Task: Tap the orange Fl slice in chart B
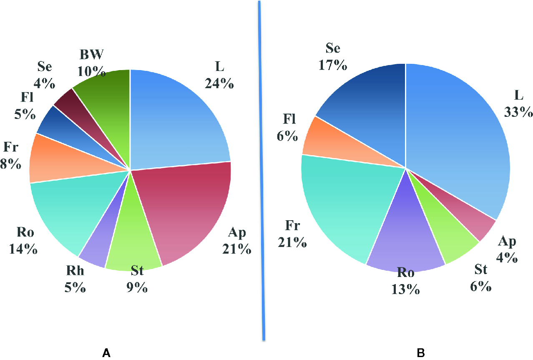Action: coord(319,140)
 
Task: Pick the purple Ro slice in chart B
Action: coord(405,238)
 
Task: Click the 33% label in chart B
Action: coord(518,112)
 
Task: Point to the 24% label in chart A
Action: coord(219,83)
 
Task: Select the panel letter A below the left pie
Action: coord(106,353)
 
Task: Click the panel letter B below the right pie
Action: coord(421,353)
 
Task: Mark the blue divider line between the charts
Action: coord(261,167)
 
